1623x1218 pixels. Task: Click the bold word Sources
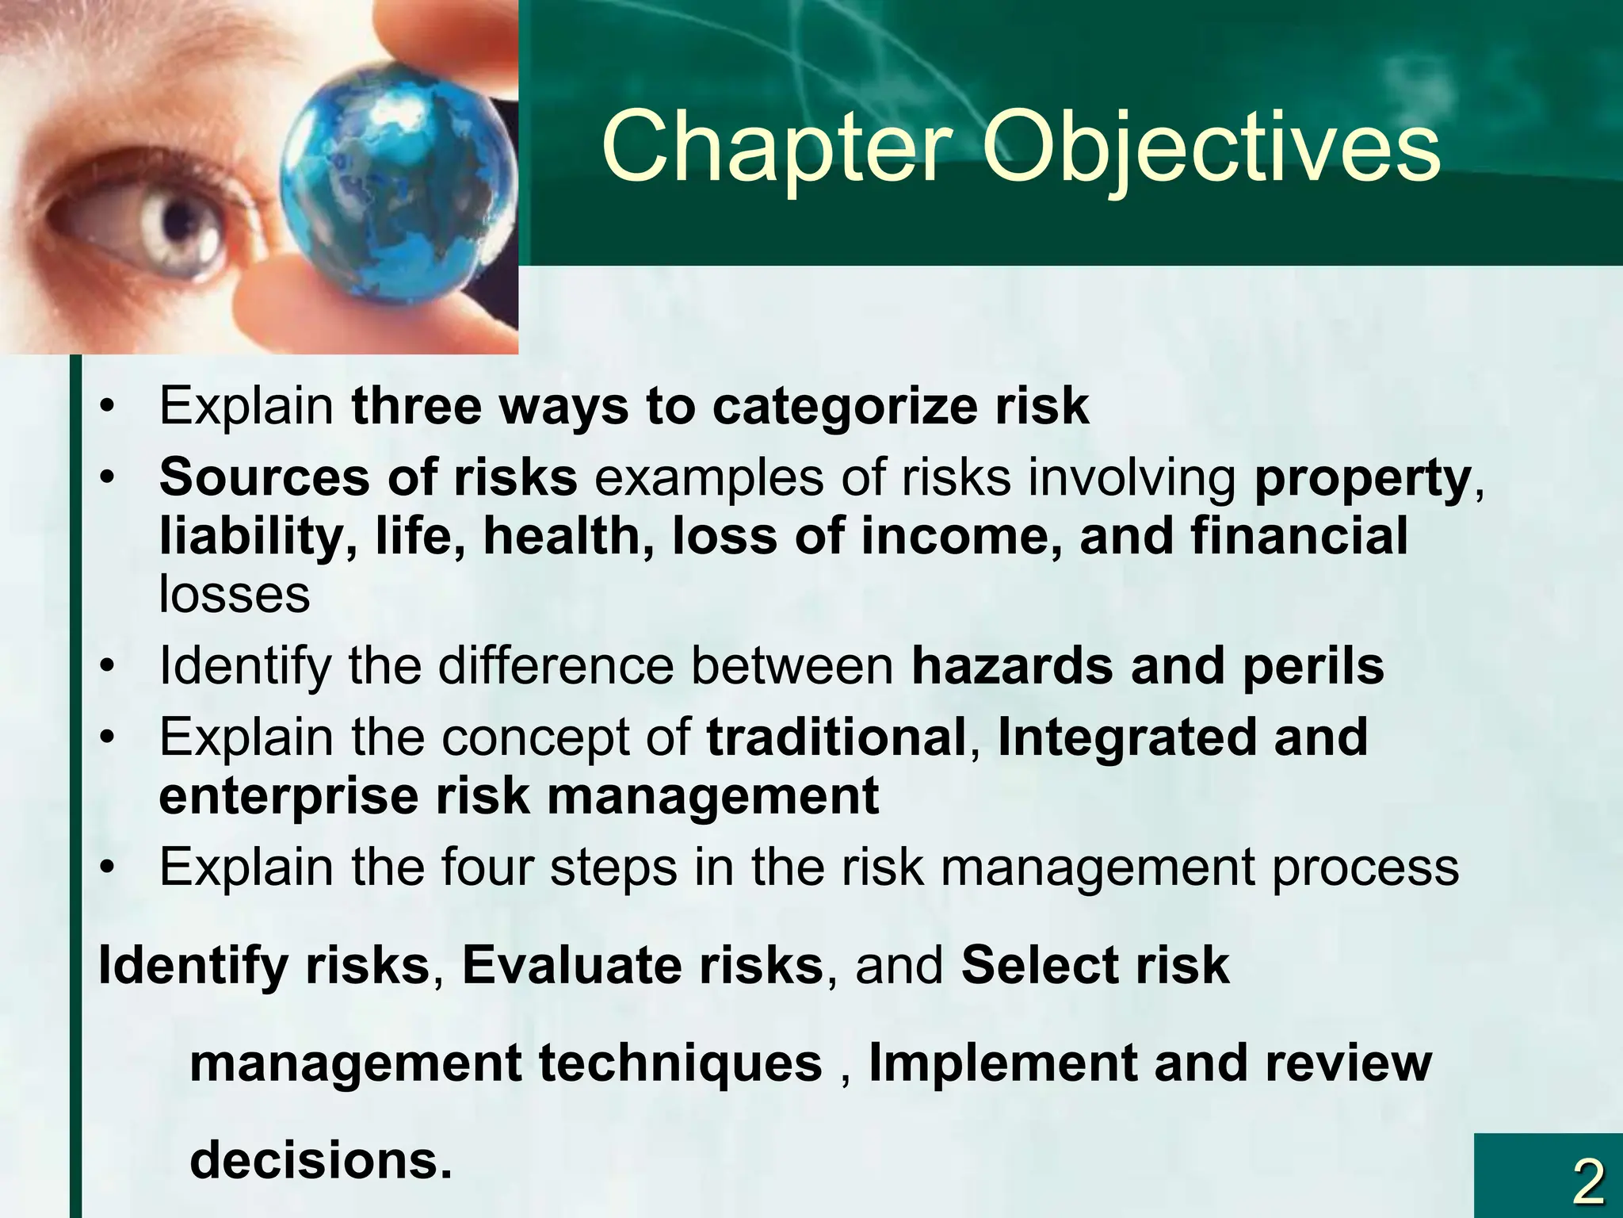tap(264, 478)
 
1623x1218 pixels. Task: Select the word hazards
tap(1012, 665)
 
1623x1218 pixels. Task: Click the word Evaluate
tap(571, 966)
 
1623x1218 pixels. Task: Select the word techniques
tap(681, 1063)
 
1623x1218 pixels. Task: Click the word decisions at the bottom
tap(319, 1160)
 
